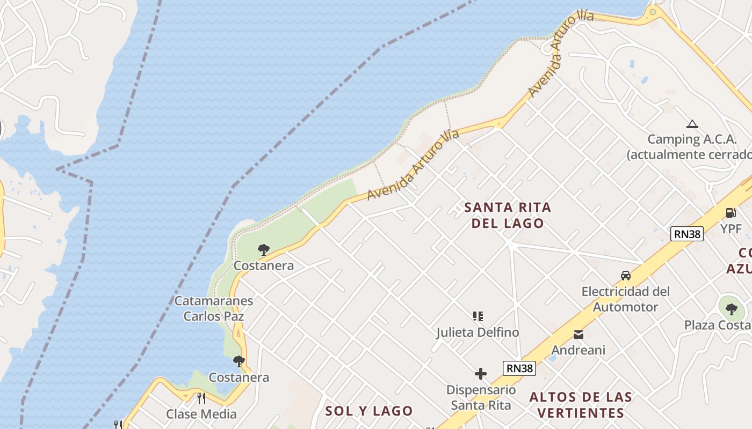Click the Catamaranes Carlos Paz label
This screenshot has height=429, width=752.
213,308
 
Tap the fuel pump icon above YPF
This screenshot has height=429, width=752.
731,213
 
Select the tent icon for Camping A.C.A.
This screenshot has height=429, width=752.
692,124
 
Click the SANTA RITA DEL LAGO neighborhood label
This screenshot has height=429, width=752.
508,215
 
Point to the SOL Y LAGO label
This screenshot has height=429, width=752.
369,411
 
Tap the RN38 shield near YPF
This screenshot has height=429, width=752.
686,234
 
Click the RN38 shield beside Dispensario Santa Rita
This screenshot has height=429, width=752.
519,368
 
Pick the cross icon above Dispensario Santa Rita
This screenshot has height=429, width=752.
480,373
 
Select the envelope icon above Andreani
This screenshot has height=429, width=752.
578,335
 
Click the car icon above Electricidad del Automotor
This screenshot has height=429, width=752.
625,276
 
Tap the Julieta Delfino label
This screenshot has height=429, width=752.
478,332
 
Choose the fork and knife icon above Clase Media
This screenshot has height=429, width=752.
201,398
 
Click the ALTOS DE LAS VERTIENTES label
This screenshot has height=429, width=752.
581,405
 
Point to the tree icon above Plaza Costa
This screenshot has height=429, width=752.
731,309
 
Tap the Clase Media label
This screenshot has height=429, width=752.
201,414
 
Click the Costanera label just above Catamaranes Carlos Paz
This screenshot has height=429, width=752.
264,266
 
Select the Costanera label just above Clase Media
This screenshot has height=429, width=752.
238,378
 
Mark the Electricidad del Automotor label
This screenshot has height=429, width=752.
626,299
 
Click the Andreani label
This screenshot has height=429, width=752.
578,350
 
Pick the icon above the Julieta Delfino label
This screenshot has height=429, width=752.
478,316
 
